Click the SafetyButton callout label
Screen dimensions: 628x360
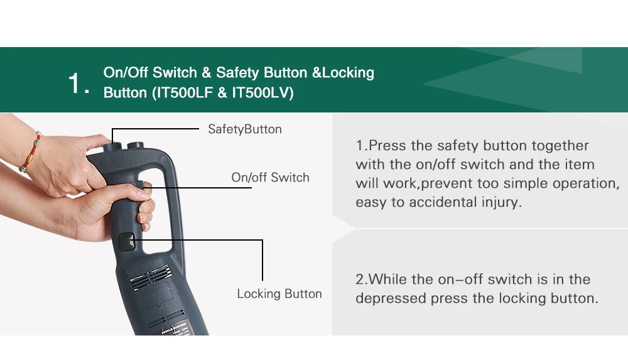245,129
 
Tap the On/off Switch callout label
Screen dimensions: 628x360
270,177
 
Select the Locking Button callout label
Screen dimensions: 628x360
279,293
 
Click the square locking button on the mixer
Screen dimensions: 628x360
127,242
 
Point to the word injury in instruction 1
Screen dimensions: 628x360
504,202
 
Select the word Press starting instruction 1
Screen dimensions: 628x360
387,145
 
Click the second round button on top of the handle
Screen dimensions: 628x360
136,145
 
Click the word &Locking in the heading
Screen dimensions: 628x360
343,72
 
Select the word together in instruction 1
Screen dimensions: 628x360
560,146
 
